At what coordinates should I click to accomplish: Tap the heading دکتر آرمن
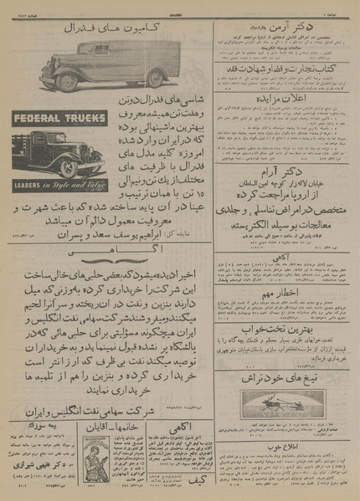click(285, 29)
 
